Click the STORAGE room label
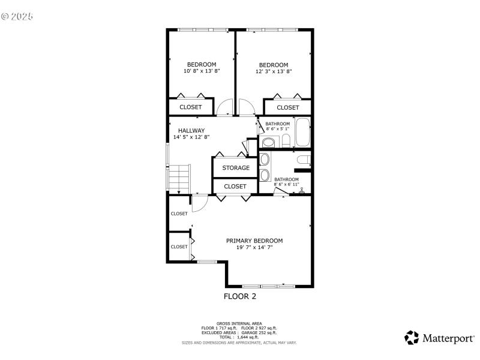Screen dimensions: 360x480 (236, 168)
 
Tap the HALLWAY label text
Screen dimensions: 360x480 (191, 130)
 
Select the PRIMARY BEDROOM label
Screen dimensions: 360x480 (254, 241)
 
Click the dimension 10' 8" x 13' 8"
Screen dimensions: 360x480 (202, 71)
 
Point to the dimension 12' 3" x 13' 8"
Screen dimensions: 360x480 (274, 71)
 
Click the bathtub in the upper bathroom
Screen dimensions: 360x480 (302, 133)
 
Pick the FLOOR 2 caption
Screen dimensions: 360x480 (240, 296)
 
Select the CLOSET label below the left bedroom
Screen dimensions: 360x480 (191, 107)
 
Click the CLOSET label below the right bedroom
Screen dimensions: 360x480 (288, 107)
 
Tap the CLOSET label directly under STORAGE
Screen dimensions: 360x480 (235, 187)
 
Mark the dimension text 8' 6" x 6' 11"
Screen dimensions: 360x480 (286, 185)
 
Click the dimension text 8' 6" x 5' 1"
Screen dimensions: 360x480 (278, 128)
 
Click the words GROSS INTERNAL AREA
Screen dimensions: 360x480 (239, 323)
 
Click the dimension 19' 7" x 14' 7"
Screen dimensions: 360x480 (254, 247)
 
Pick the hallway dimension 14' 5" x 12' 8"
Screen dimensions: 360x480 (191, 137)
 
